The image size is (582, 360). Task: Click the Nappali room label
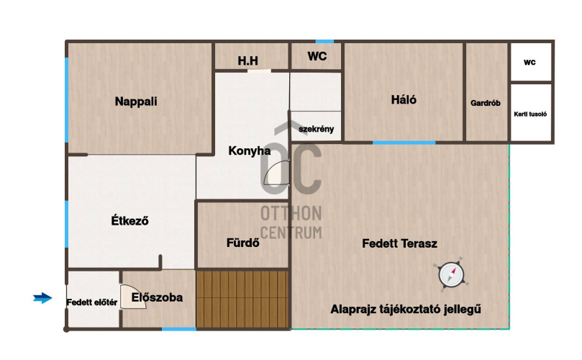pos(136,102)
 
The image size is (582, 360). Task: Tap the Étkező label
pos(129,221)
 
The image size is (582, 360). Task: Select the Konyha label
pos(250,150)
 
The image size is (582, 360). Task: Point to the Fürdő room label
pos(242,243)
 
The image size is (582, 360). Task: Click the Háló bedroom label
pos(404,99)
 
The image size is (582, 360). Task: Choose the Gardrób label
pos(486,103)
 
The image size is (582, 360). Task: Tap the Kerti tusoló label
pos(530,114)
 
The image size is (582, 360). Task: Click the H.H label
pos(248,60)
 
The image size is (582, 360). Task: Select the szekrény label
pos(317,129)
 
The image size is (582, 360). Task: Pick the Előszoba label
pos(157,297)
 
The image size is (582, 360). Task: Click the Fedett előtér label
pos(92,302)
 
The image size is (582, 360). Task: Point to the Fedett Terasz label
pos(399,243)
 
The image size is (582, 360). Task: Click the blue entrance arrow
pos(42,298)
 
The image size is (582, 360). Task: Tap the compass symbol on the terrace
pos(451,275)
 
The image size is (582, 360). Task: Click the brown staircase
pos(242,300)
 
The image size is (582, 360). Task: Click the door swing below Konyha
pos(276,173)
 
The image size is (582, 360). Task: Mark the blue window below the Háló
pos(404,143)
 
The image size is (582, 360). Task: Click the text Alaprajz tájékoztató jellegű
pos(406,309)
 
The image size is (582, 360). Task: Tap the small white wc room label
pos(529,63)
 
